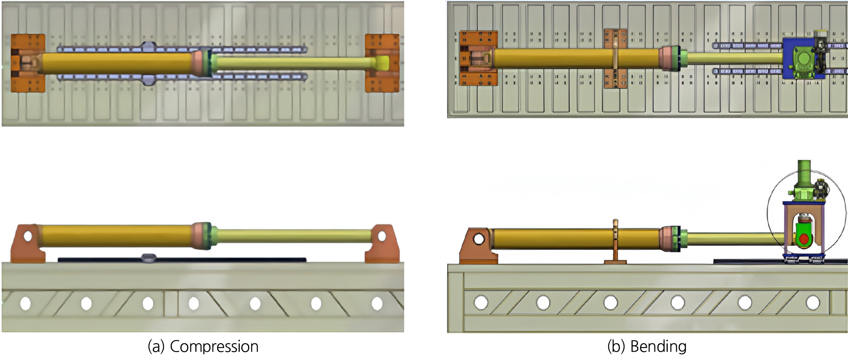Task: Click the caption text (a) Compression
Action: click(203, 347)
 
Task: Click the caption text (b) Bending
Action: click(647, 347)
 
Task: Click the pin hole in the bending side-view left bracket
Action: click(478, 239)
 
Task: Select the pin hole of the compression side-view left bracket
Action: click(28, 236)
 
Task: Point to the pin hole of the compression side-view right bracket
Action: click(382, 236)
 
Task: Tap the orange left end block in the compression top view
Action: click(28, 63)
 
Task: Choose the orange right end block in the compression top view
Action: click(382, 63)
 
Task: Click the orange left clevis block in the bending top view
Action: click(478, 58)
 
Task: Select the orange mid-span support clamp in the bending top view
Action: click(615, 58)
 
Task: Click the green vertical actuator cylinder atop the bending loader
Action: click(804, 174)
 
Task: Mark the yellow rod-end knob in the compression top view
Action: click(382, 63)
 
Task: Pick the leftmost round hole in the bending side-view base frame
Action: click(481, 302)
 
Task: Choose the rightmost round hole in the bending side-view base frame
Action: click(813, 302)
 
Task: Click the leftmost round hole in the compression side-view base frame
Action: click(25, 303)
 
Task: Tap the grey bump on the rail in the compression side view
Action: click(148, 258)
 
